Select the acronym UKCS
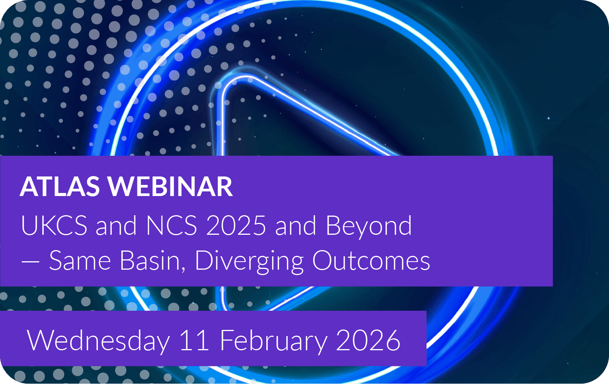[54, 225]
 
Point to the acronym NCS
[171, 225]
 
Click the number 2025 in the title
[236, 225]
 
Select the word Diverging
[249, 262]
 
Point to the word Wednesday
[98, 341]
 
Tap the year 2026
[368, 340]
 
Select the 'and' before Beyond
[295, 225]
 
